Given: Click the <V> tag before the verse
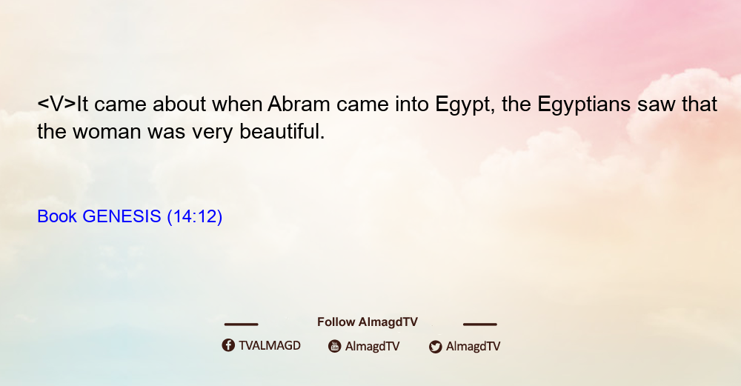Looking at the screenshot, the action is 56,104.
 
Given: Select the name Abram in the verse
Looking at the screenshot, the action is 298,104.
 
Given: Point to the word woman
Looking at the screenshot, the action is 106,132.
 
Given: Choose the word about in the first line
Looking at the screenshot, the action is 179,104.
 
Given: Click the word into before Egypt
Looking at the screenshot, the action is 412,104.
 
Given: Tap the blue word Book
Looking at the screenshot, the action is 57,216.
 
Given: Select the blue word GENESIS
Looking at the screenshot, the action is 122,216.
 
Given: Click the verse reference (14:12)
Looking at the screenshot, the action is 195,216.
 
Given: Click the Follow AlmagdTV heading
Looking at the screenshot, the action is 368,322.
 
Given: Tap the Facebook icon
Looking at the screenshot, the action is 228,345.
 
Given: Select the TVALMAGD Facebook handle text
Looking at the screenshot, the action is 270,345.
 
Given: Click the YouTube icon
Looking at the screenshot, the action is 335,346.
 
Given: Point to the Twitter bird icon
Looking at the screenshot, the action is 435,347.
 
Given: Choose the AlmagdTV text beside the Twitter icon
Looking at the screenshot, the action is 473,346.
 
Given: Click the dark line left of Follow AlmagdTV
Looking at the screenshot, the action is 241,324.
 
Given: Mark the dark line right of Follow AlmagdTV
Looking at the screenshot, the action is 480,324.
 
